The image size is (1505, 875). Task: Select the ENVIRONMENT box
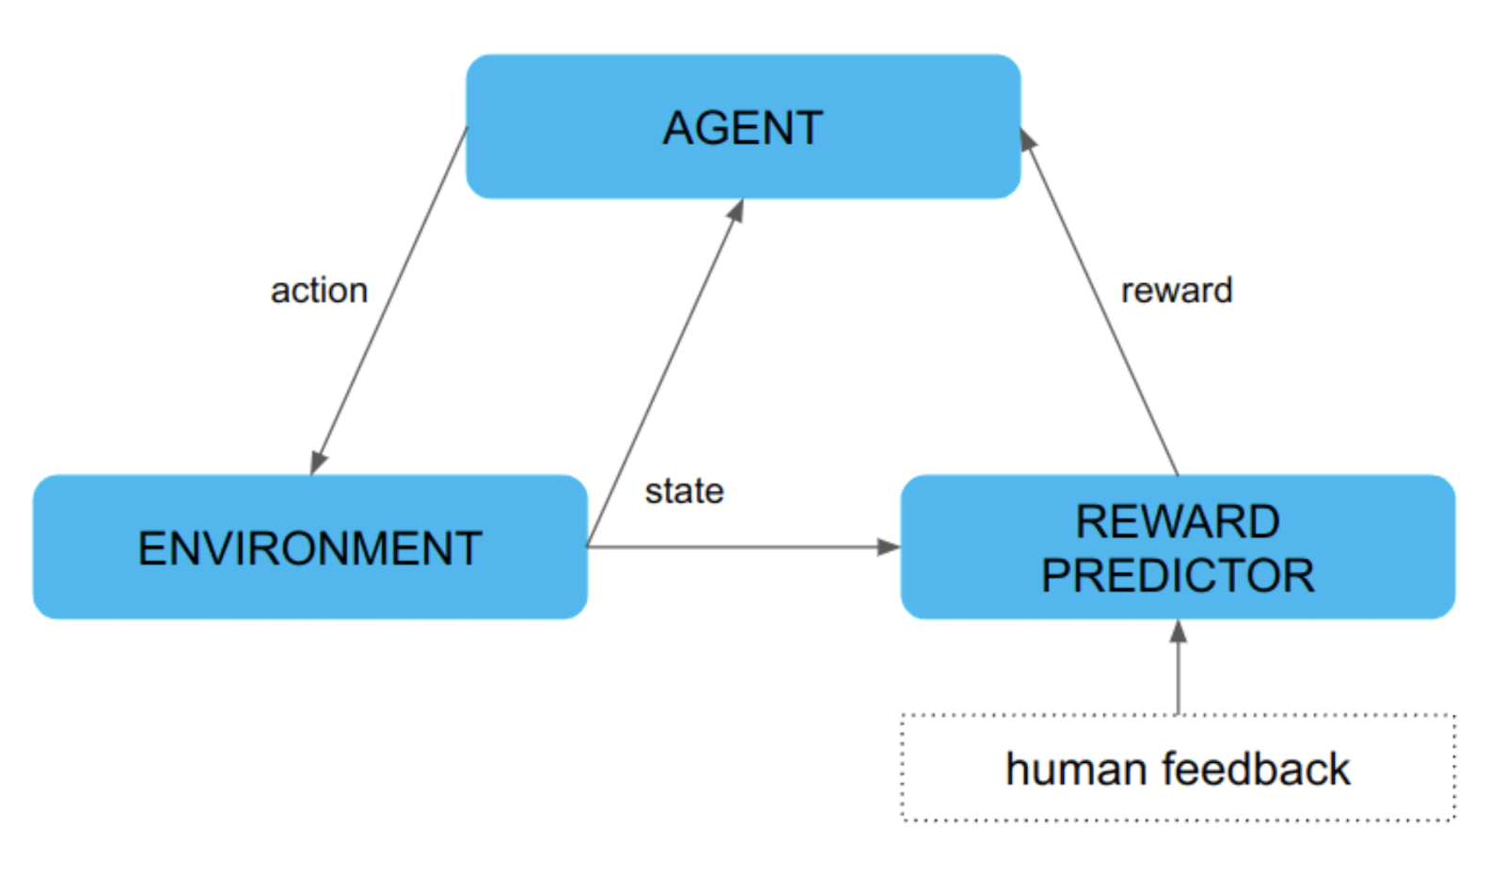click(x=309, y=548)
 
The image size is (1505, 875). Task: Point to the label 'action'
click(x=319, y=290)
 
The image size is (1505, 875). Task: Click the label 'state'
click(x=684, y=491)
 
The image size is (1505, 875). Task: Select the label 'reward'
click(x=1176, y=290)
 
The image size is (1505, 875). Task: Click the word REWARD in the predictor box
click(x=1177, y=521)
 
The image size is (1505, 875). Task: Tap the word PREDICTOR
click(x=1177, y=576)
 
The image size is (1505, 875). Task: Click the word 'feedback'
click(x=1256, y=770)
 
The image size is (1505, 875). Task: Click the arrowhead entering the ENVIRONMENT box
click(x=317, y=462)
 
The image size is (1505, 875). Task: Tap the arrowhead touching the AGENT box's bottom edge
click(x=737, y=211)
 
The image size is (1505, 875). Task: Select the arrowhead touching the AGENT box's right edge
click(x=1027, y=140)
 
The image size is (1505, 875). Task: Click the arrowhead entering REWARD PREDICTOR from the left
click(x=888, y=547)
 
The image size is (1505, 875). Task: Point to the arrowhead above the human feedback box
click(x=1178, y=631)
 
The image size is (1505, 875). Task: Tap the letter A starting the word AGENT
click(x=679, y=128)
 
